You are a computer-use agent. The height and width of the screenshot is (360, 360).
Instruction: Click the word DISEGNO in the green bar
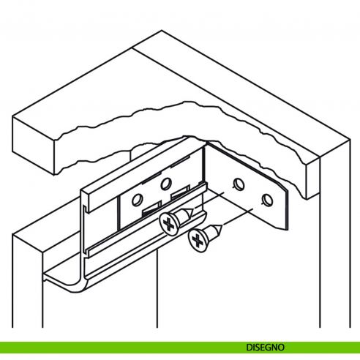pyautogui.click(x=265, y=347)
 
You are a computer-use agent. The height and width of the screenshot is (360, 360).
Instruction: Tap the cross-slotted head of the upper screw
pyautogui.click(x=168, y=224)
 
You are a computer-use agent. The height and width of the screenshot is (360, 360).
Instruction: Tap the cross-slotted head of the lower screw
pyautogui.click(x=198, y=241)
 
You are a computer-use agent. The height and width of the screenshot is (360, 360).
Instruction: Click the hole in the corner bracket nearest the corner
pyautogui.click(x=239, y=184)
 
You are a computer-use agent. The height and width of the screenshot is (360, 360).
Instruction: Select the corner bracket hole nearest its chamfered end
pyautogui.click(x=267, y=200)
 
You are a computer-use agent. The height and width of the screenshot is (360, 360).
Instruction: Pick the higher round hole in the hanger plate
pyautogui.click(x=166, y=184)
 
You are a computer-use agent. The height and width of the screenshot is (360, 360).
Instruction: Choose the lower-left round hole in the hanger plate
pyautogui.click(x=138, y=200)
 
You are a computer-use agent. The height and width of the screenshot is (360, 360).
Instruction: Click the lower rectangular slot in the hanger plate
pyautogui.click(x=151, y=209)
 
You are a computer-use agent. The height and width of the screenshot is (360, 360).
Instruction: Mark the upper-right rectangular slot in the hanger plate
pyautogui.click(x=180, y=192)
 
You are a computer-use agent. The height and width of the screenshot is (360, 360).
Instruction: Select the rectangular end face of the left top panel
pyautogui.click(x=34, y=146)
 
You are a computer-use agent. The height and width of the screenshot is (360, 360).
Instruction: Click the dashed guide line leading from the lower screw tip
pyautogui.click(x=239, y=217)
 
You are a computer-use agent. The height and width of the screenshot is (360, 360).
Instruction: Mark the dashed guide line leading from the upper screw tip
pyautogui.click(x=209, y=200)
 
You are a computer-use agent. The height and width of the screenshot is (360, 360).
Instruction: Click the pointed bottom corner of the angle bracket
pyautogui.click(x=285, y=229)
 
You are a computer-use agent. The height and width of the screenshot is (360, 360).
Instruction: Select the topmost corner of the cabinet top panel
pyautogui.click(x=162, y=31)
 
